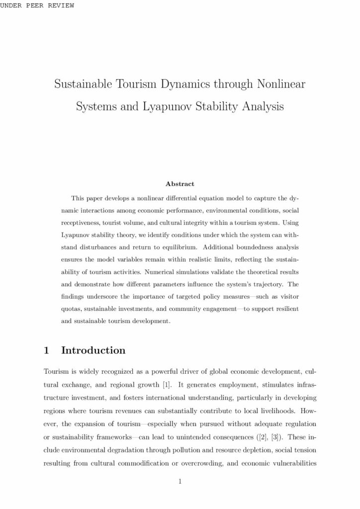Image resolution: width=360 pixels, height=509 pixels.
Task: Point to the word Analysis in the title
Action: (261, 106)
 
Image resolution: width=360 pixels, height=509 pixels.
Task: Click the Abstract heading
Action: (180, 184)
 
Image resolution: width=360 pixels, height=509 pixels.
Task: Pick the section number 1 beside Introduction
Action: (47, 350)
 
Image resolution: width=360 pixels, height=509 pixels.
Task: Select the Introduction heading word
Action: (93, 350)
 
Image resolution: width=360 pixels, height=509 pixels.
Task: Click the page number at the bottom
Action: (180, 481)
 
